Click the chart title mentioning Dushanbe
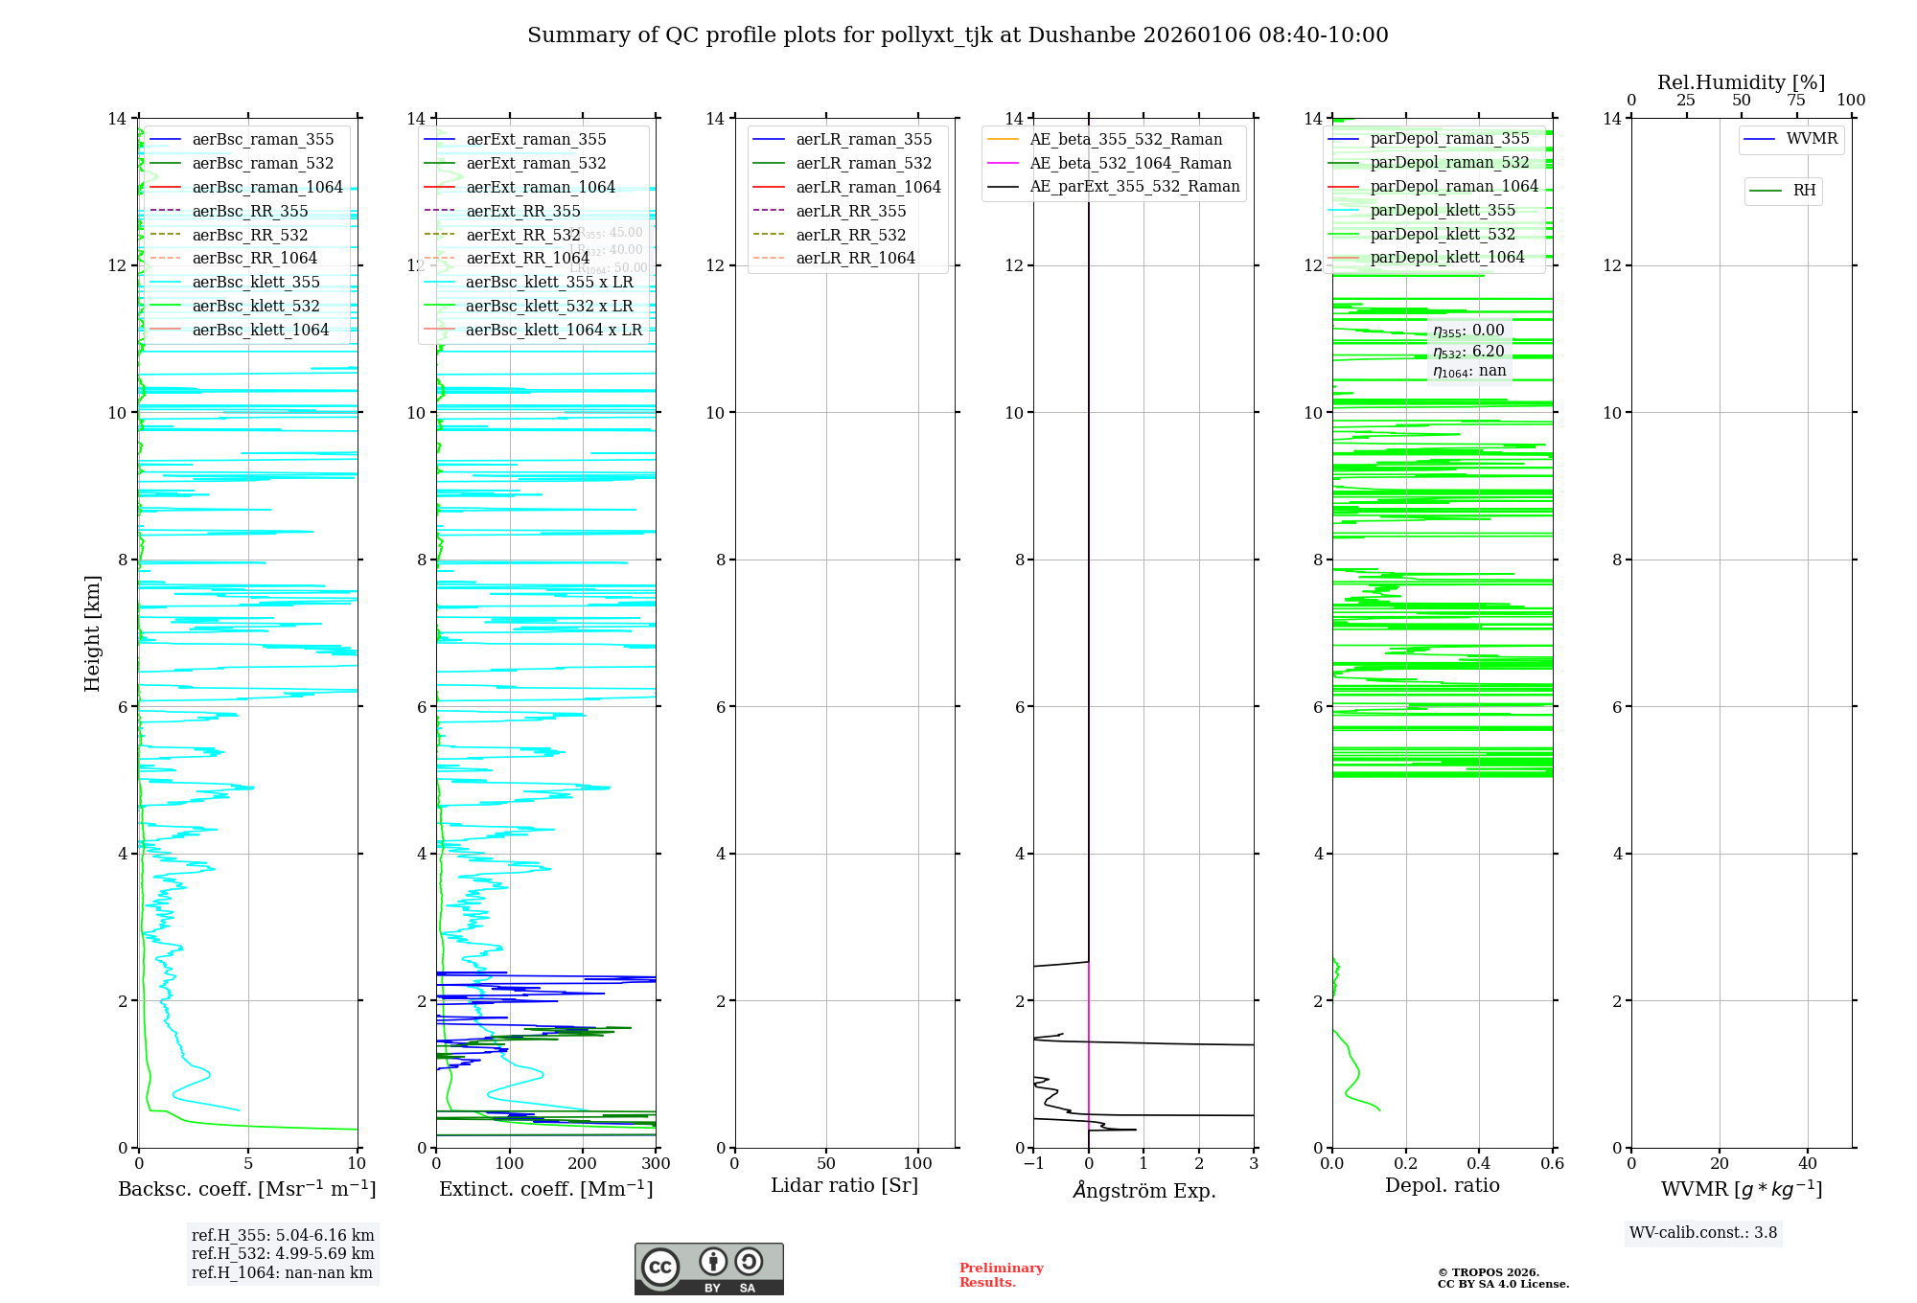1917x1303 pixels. [x=958, y=35]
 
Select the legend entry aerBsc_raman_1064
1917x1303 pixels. [x=266, y=187]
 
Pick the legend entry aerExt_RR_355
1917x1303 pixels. [x=522, y=211]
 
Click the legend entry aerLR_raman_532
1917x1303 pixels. [x=863, y=163]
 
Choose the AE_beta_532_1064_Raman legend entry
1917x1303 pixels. [x=1130, y=163]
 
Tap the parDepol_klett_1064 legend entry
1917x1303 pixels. [x=1446, y=257]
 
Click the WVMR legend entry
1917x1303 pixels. [x=1811, y=139]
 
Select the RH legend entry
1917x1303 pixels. [x=1803, y=191]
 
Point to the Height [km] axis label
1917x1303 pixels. [x=92, y=632]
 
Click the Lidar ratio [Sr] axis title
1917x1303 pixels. [x=843, y=1185]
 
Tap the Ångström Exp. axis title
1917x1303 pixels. [x=1143, y=1190]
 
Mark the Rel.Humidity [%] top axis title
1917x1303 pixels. [x=1741, y=82]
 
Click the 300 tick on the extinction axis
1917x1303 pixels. [x=656, y=1163]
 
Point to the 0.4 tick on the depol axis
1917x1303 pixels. [x=1479, y=1163]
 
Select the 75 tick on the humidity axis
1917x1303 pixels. [x=1796, y=101]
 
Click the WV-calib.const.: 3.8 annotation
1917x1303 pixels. [x=1702, y=1233]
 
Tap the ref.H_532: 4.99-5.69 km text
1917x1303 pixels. [x=282, y=1253]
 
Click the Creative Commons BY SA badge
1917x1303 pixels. [x=708, y=1269]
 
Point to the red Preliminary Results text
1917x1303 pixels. [x=1001, y=1275]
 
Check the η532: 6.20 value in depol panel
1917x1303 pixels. [x=1468, y=352]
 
